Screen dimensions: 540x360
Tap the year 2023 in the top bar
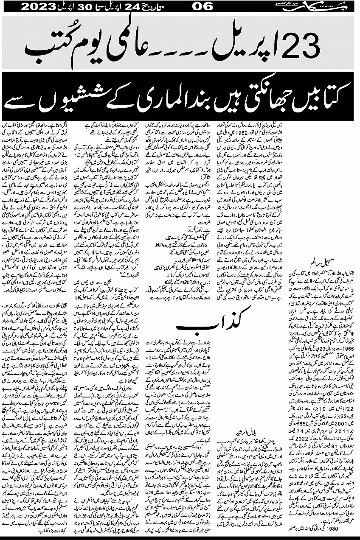tap(39, 6)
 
